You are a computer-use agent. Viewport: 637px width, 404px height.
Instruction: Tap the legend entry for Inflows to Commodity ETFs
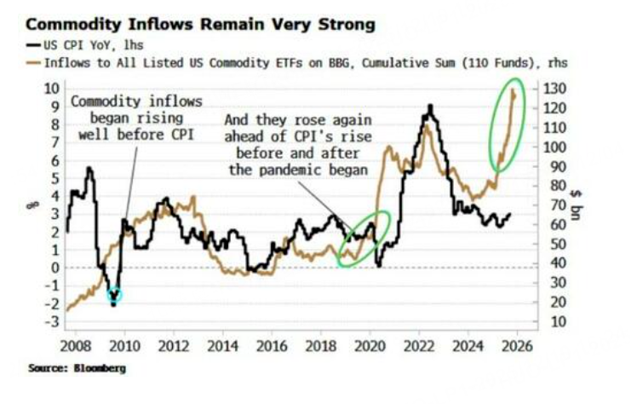[x=298, y=62]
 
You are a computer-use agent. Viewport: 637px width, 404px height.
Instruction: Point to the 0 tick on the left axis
[x=53, y=268]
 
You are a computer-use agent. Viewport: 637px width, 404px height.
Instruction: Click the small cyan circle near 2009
[x=114, y=295]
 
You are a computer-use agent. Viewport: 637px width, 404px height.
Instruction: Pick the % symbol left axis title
[x=29, y=203]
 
